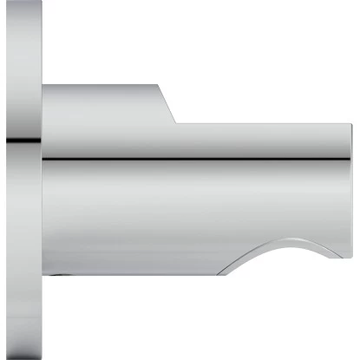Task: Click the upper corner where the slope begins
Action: click(x=159, y=85)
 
